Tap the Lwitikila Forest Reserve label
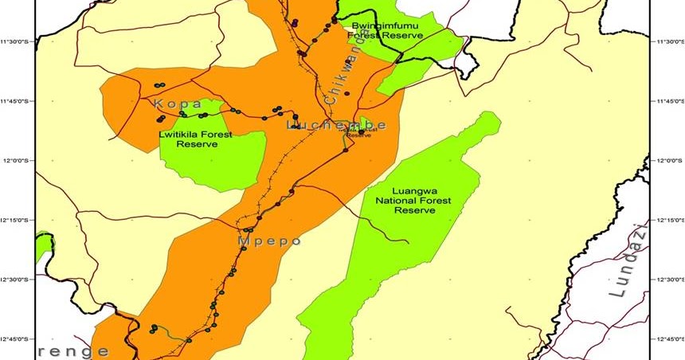click(x=195, y=139)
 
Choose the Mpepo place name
click(x=269, y=240)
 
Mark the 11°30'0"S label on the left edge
click(x=18, y=41)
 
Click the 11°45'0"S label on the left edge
click(x=18, y=101)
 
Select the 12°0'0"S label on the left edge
click(x=18, y=160)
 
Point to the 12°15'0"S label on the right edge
click(x=667, y=219)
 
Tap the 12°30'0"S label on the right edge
click(x=667, y=279)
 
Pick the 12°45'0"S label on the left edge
click(x=18, y=338)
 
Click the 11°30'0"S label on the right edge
click(x=667, y=41)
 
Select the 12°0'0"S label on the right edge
click(x=667, y=160)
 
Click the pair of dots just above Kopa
click(x=159, y=85)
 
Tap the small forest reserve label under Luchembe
click(x=360, y=132)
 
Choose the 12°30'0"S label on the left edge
click(x=18, y=279)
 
